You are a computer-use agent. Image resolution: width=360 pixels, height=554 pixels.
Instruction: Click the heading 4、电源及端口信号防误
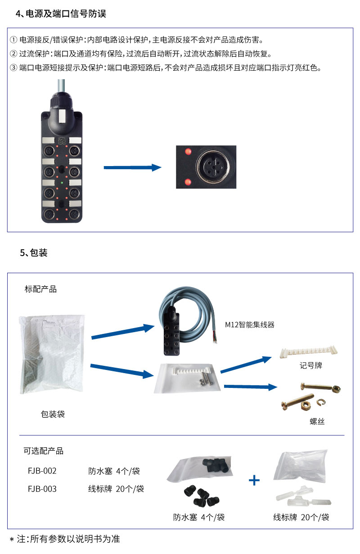click(x=61, y=14)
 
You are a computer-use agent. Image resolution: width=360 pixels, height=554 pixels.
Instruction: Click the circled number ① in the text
click(x=13, y=40)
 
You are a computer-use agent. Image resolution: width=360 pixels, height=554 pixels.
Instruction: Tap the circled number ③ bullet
click(x=13, y=68)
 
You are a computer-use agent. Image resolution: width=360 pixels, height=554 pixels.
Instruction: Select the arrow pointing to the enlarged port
click(x=132, y=167)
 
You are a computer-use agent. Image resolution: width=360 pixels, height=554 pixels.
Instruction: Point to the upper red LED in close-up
click(x=187, y=151)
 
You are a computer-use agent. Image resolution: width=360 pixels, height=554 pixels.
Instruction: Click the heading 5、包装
click(x=34, y=253)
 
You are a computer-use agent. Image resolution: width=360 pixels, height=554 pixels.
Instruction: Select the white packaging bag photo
click(x=52, y=354)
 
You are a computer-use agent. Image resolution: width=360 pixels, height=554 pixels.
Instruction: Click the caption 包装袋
click(x=53, y=414)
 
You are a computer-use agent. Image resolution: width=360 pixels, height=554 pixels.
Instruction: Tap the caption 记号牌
click(x=311, y=365)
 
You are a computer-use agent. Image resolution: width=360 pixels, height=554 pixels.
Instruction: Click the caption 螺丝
click(x=317, y=421)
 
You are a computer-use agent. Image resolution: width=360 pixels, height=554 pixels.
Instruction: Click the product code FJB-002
click(x=42, y=471)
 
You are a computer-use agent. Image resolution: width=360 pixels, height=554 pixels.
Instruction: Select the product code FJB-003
click(x=42, y=489)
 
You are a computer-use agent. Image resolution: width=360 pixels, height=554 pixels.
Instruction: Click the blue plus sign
click(x=254, y=480)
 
